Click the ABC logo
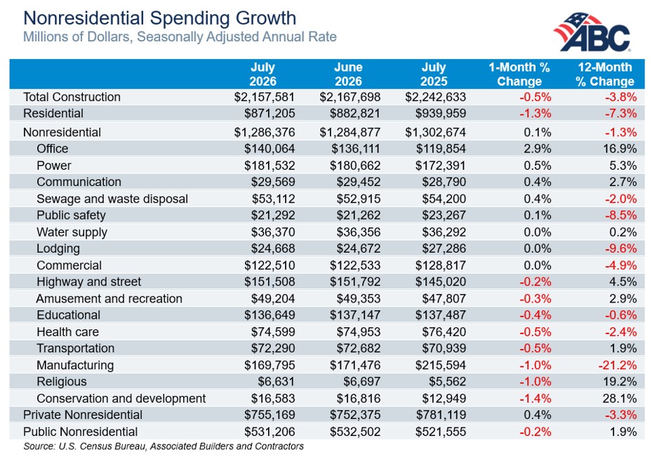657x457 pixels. [x=592, y=32]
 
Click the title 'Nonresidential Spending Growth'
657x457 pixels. [x=159, y=18]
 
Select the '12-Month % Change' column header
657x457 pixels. [x=604, y=74]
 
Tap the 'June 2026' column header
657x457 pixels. [x=348, y=74]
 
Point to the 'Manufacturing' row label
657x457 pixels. [x=75, y=365]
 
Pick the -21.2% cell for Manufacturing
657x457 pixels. [x=617, y=365]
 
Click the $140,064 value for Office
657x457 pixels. [x=270, y=149]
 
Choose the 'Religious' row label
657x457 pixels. [x=62, y=382]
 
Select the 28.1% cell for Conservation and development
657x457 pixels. [x=620, y=398]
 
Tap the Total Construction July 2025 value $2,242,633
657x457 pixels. [x=435, y=97]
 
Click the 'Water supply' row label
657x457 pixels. [x=72, y=232]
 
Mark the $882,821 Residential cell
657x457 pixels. [x=355, y=114]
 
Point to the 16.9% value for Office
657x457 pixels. [x=620, y=149]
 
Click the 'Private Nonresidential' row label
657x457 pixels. [x=83, y=415]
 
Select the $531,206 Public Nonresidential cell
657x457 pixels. [x=270, y=432]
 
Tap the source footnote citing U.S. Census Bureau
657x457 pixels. [x=164, y=446]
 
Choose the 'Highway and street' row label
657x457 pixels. [x=89, y=282]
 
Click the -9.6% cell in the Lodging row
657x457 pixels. [x=620, y=249]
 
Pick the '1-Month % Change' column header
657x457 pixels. [x=519, y=74]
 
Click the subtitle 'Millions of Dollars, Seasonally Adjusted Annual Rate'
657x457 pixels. [x=180, y=37]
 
